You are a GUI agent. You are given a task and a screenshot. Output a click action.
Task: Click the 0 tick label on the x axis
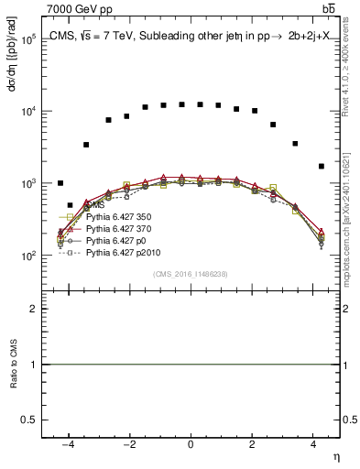(x=191, y=444)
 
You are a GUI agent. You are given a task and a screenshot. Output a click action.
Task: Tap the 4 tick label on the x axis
(x=314, y=444)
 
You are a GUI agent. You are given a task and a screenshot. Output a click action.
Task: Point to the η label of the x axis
(x=334, y=456)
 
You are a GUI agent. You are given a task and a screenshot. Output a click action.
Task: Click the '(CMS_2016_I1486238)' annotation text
(x=190, y=274)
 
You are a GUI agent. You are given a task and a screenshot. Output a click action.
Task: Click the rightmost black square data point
(x=321, y=166)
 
